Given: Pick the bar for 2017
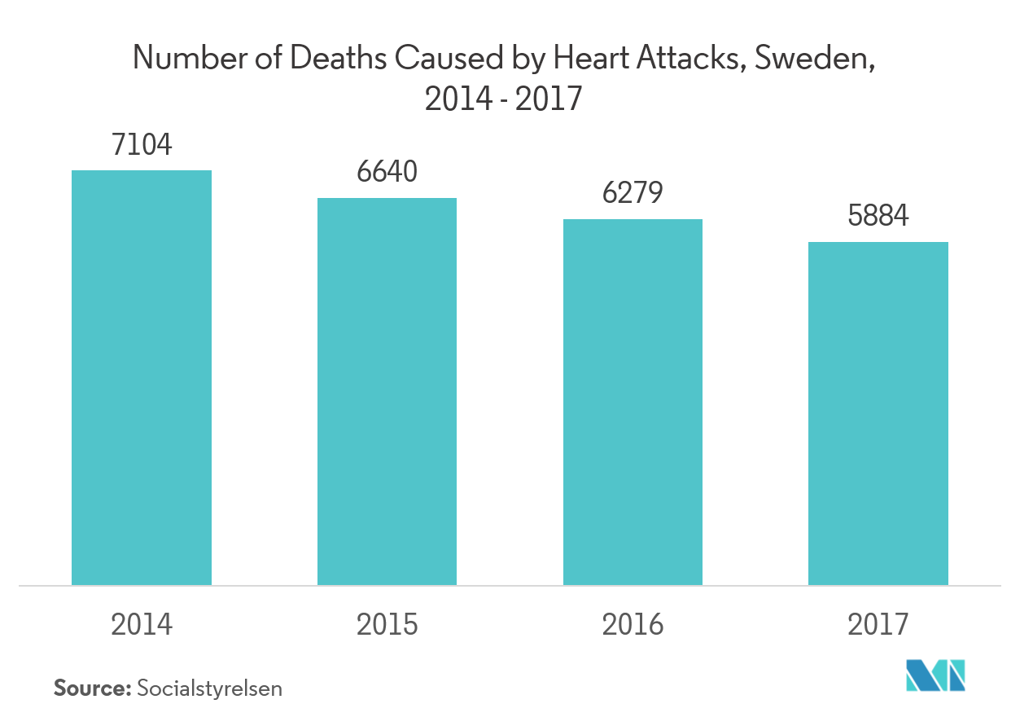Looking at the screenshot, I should [x=878, y=413].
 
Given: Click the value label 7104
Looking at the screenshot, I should [x=142, y=146].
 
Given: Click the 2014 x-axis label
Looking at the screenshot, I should [x=142, y=624].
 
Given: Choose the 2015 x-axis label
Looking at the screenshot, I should [x=387, y=624].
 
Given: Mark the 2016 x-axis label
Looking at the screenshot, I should [x=633, y=624].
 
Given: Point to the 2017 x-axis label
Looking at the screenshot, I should [x=878, y=624].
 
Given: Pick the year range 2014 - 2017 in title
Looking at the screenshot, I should [x=503, y=99].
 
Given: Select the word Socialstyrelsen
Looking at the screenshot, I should [x=210, y=688].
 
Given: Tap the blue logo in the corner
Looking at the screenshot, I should [x=935, y=677].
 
